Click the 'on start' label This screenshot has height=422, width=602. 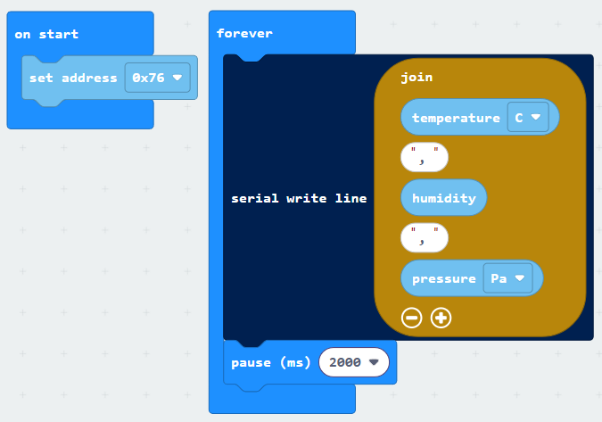click(46, 34)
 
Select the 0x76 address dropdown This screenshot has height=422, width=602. click(157, 78)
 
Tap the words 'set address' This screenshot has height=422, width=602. click(73, 78)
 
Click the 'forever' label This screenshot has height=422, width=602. click(244, 33)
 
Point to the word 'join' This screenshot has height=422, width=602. click(416, 78)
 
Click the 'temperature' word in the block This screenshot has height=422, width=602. click(456, 118)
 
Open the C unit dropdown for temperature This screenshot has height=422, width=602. click(528, 117)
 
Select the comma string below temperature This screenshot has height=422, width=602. click(425, 157)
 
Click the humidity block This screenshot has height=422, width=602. click(444, 198)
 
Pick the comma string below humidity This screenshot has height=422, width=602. click(425, 238)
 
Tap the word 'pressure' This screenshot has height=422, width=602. click(444, 278)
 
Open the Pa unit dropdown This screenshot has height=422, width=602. click(507, 278)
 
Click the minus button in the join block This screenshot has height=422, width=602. click(411, 318)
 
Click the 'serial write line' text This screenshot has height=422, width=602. click(299, 198)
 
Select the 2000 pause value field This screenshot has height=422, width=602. click(353, 362)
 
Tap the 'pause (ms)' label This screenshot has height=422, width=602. click(270, 362)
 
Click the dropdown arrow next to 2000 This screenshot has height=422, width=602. click(374, 361)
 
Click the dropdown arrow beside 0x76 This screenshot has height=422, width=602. click(177, 78)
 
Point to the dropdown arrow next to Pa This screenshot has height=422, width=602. click(520, 277)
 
